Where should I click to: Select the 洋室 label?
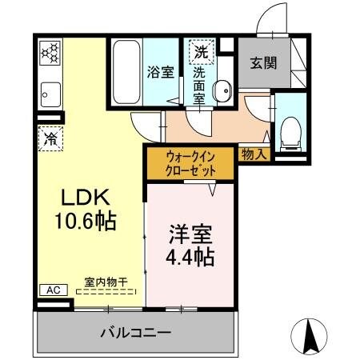190,238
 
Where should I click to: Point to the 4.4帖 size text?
190,258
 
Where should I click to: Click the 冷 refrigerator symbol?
47,137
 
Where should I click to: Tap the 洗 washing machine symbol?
198,52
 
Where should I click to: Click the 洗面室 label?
199,83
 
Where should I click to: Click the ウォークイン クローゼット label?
190,163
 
